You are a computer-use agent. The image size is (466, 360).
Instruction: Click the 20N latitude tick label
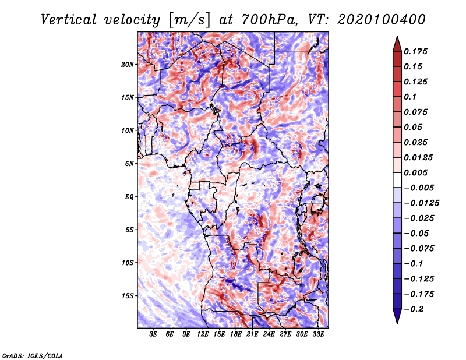(128, 65)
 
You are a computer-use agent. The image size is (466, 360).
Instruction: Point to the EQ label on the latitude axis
(129, 197)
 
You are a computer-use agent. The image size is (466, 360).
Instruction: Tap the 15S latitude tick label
(128, 296)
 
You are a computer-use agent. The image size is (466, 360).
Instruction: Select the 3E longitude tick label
(153, 334)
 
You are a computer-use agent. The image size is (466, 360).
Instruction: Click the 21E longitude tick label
(252, 334)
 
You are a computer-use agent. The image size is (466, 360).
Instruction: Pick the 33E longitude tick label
(318, 334)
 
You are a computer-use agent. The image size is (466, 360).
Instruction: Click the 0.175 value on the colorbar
(415, 51)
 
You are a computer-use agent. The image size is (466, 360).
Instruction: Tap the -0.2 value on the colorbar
(414, 309)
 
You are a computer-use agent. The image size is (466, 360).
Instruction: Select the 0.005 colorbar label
(415, 172)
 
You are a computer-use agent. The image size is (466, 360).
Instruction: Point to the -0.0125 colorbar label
(421, 203)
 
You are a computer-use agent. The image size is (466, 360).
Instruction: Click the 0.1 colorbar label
(410, 97)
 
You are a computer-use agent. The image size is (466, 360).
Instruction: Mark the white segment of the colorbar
(397, 180)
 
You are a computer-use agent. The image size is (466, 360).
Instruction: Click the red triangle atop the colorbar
(397, 44)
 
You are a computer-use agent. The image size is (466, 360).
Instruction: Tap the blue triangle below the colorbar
(397, 316)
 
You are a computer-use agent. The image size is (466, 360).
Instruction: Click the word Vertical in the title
(69, 20)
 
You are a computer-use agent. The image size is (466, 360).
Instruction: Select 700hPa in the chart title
(269, 20)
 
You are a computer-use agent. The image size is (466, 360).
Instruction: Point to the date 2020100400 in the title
(382, 20)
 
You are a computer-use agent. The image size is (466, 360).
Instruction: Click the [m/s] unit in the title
(189, 20)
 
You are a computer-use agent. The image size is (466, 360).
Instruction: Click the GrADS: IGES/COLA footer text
(33, 355)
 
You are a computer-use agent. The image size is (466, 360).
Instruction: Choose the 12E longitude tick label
(202, 334)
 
